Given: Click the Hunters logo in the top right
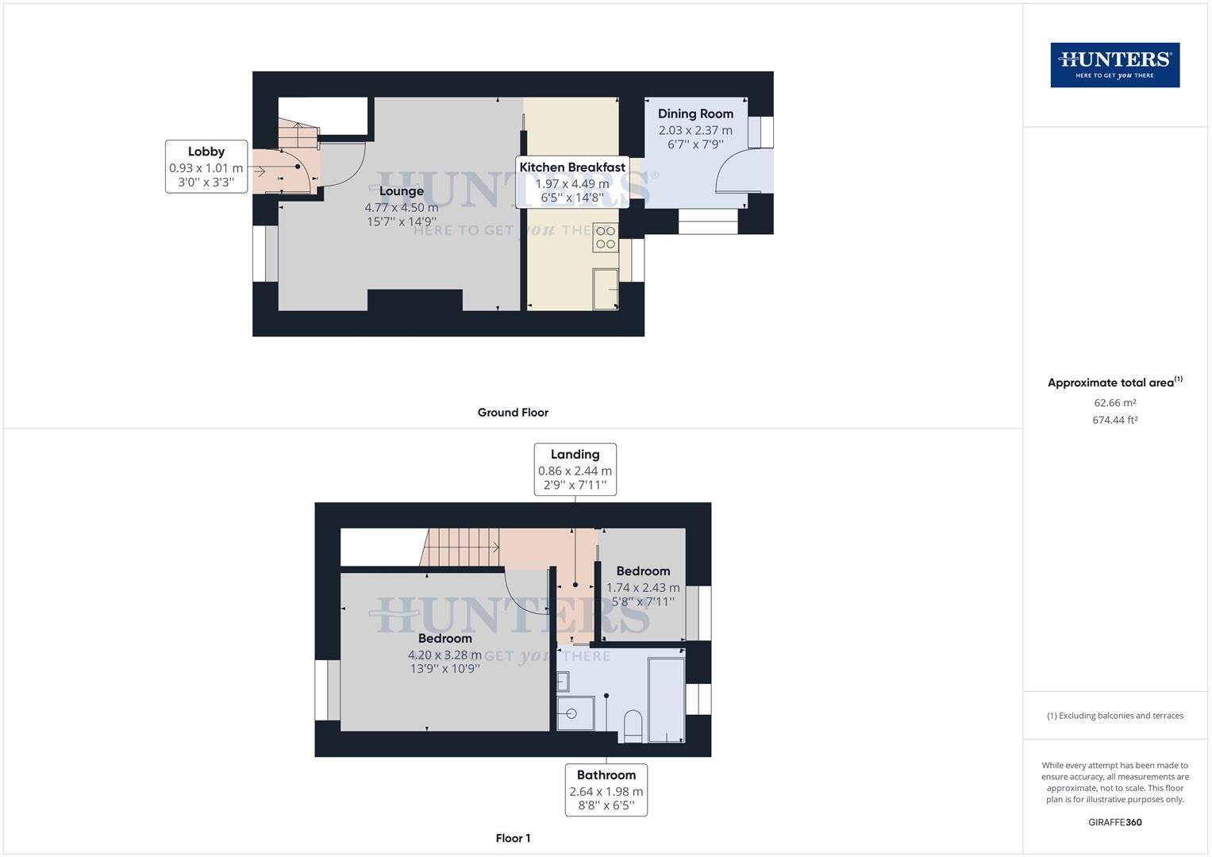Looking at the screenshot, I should (x=1114, y=65).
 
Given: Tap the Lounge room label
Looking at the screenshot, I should (x=401, y=191).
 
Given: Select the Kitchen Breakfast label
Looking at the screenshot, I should (x=571, y=167).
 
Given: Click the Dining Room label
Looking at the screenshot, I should (x=695, y=113).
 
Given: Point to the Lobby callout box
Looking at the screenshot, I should (x=206, y=167).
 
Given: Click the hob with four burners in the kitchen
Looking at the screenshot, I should (x=606, y=237).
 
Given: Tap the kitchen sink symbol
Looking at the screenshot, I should (x=606, y=288).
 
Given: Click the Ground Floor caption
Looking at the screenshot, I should (x=513, y=413).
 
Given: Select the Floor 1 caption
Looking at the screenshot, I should (x=513, y=838).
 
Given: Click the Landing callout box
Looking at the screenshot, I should (x=575, y=469).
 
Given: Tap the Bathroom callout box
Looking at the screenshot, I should (x=606, y=790).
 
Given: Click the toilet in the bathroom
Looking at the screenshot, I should (x=633, y=726).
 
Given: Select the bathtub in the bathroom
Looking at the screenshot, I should (x=666, y=699).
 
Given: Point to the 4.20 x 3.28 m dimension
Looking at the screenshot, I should (x=444, y=655).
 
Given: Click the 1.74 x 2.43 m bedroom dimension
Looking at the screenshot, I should (x=643, y=588).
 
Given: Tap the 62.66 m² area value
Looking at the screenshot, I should (x=1114, y=403).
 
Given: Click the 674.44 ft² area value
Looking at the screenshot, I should (x=1114, y=421).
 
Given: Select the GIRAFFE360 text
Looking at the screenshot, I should (x=1114, y=822).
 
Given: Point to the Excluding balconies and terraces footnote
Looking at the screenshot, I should (x=1114, y=716).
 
